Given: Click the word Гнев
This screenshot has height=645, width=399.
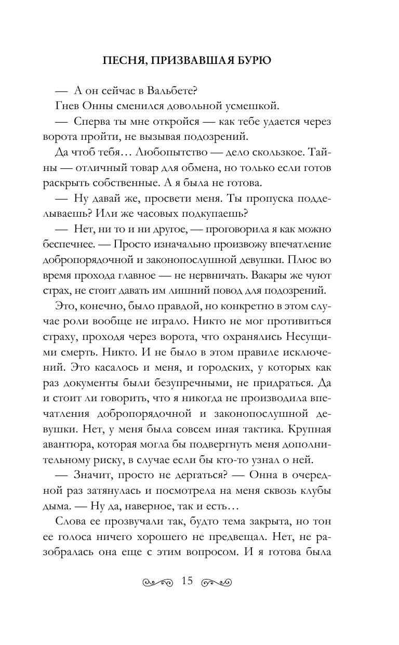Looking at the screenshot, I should (x=65, y=107).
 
